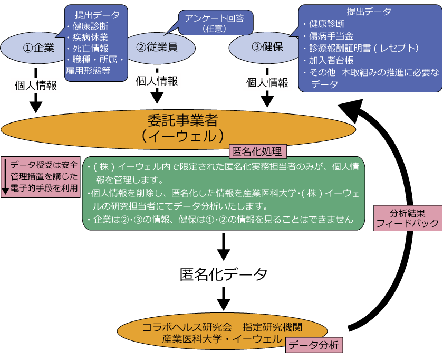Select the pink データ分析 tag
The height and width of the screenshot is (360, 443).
315,345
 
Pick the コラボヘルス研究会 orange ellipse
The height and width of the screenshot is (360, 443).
221,331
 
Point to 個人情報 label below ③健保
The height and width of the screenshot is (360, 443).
267,83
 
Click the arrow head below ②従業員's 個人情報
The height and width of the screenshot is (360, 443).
157,97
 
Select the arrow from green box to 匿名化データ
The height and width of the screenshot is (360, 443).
224,246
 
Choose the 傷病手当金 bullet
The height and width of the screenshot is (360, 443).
330,35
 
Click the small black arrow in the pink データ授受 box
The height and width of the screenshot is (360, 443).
5,176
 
